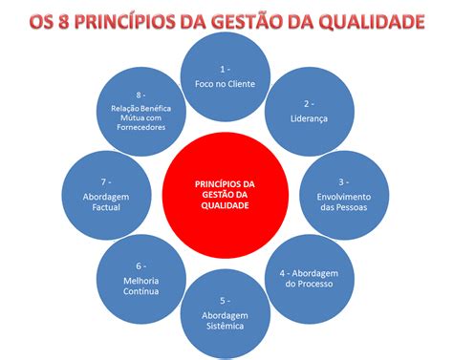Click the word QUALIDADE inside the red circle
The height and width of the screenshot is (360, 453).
tap(226, 205)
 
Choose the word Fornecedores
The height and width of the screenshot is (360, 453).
tap(140, 126)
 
